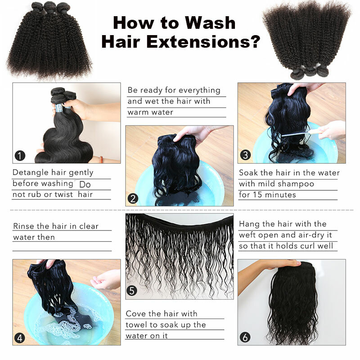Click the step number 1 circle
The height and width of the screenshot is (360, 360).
coord(20,156)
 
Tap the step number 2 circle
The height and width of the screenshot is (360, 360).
coord(133,198)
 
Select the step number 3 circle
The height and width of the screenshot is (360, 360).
coord(245,155)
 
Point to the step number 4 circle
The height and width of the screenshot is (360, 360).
coord(19,338)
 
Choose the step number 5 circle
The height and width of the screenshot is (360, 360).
coord(131,291)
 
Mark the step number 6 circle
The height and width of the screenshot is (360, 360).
coord(245,337)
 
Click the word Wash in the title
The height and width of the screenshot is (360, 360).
coord(210,23)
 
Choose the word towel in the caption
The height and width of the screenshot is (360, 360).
coord(136,324)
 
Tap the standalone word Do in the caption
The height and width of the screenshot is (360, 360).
coord(85,184)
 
